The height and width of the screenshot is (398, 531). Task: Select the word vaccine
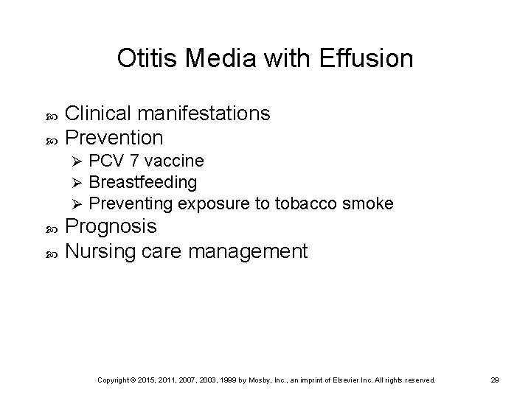[173, 161]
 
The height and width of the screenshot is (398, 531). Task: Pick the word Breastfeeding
[143, 181]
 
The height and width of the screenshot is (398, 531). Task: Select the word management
[248, 251]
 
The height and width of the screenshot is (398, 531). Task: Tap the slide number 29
[495, 380]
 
